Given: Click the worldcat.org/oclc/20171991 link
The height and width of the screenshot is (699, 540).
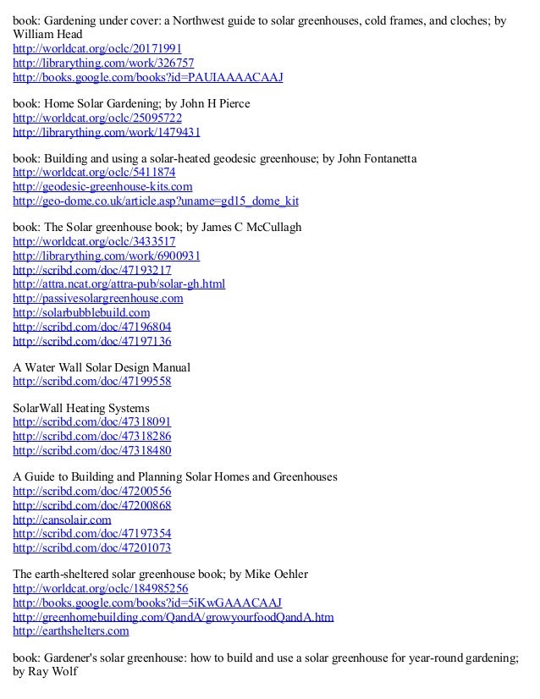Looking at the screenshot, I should [x=96, y=48].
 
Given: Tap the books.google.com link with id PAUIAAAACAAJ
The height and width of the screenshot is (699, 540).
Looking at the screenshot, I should [x=147, y=77].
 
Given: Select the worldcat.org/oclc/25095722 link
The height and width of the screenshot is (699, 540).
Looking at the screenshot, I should [x=96, y=118].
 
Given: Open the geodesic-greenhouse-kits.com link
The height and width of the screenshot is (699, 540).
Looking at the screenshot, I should [x=102, y=186].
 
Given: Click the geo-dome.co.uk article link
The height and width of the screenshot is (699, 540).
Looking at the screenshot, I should [x=156, y=201].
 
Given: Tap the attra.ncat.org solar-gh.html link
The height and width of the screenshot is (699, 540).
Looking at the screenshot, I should [x=118, y=283].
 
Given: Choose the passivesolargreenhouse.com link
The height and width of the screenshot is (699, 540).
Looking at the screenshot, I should [x=97, y=298].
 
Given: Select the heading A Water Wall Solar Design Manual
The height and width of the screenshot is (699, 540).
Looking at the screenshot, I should [x=102, y=367].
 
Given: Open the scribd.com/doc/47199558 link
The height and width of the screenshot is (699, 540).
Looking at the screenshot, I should [x=91, y=381].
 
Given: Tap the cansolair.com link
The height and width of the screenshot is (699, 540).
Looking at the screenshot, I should [x=62, y=519].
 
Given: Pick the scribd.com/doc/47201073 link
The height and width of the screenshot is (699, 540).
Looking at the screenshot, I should [x=91, y=547].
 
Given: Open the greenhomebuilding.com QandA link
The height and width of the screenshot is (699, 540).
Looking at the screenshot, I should [x=173, y=616].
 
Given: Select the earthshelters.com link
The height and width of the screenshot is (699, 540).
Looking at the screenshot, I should [x=70, y=630].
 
